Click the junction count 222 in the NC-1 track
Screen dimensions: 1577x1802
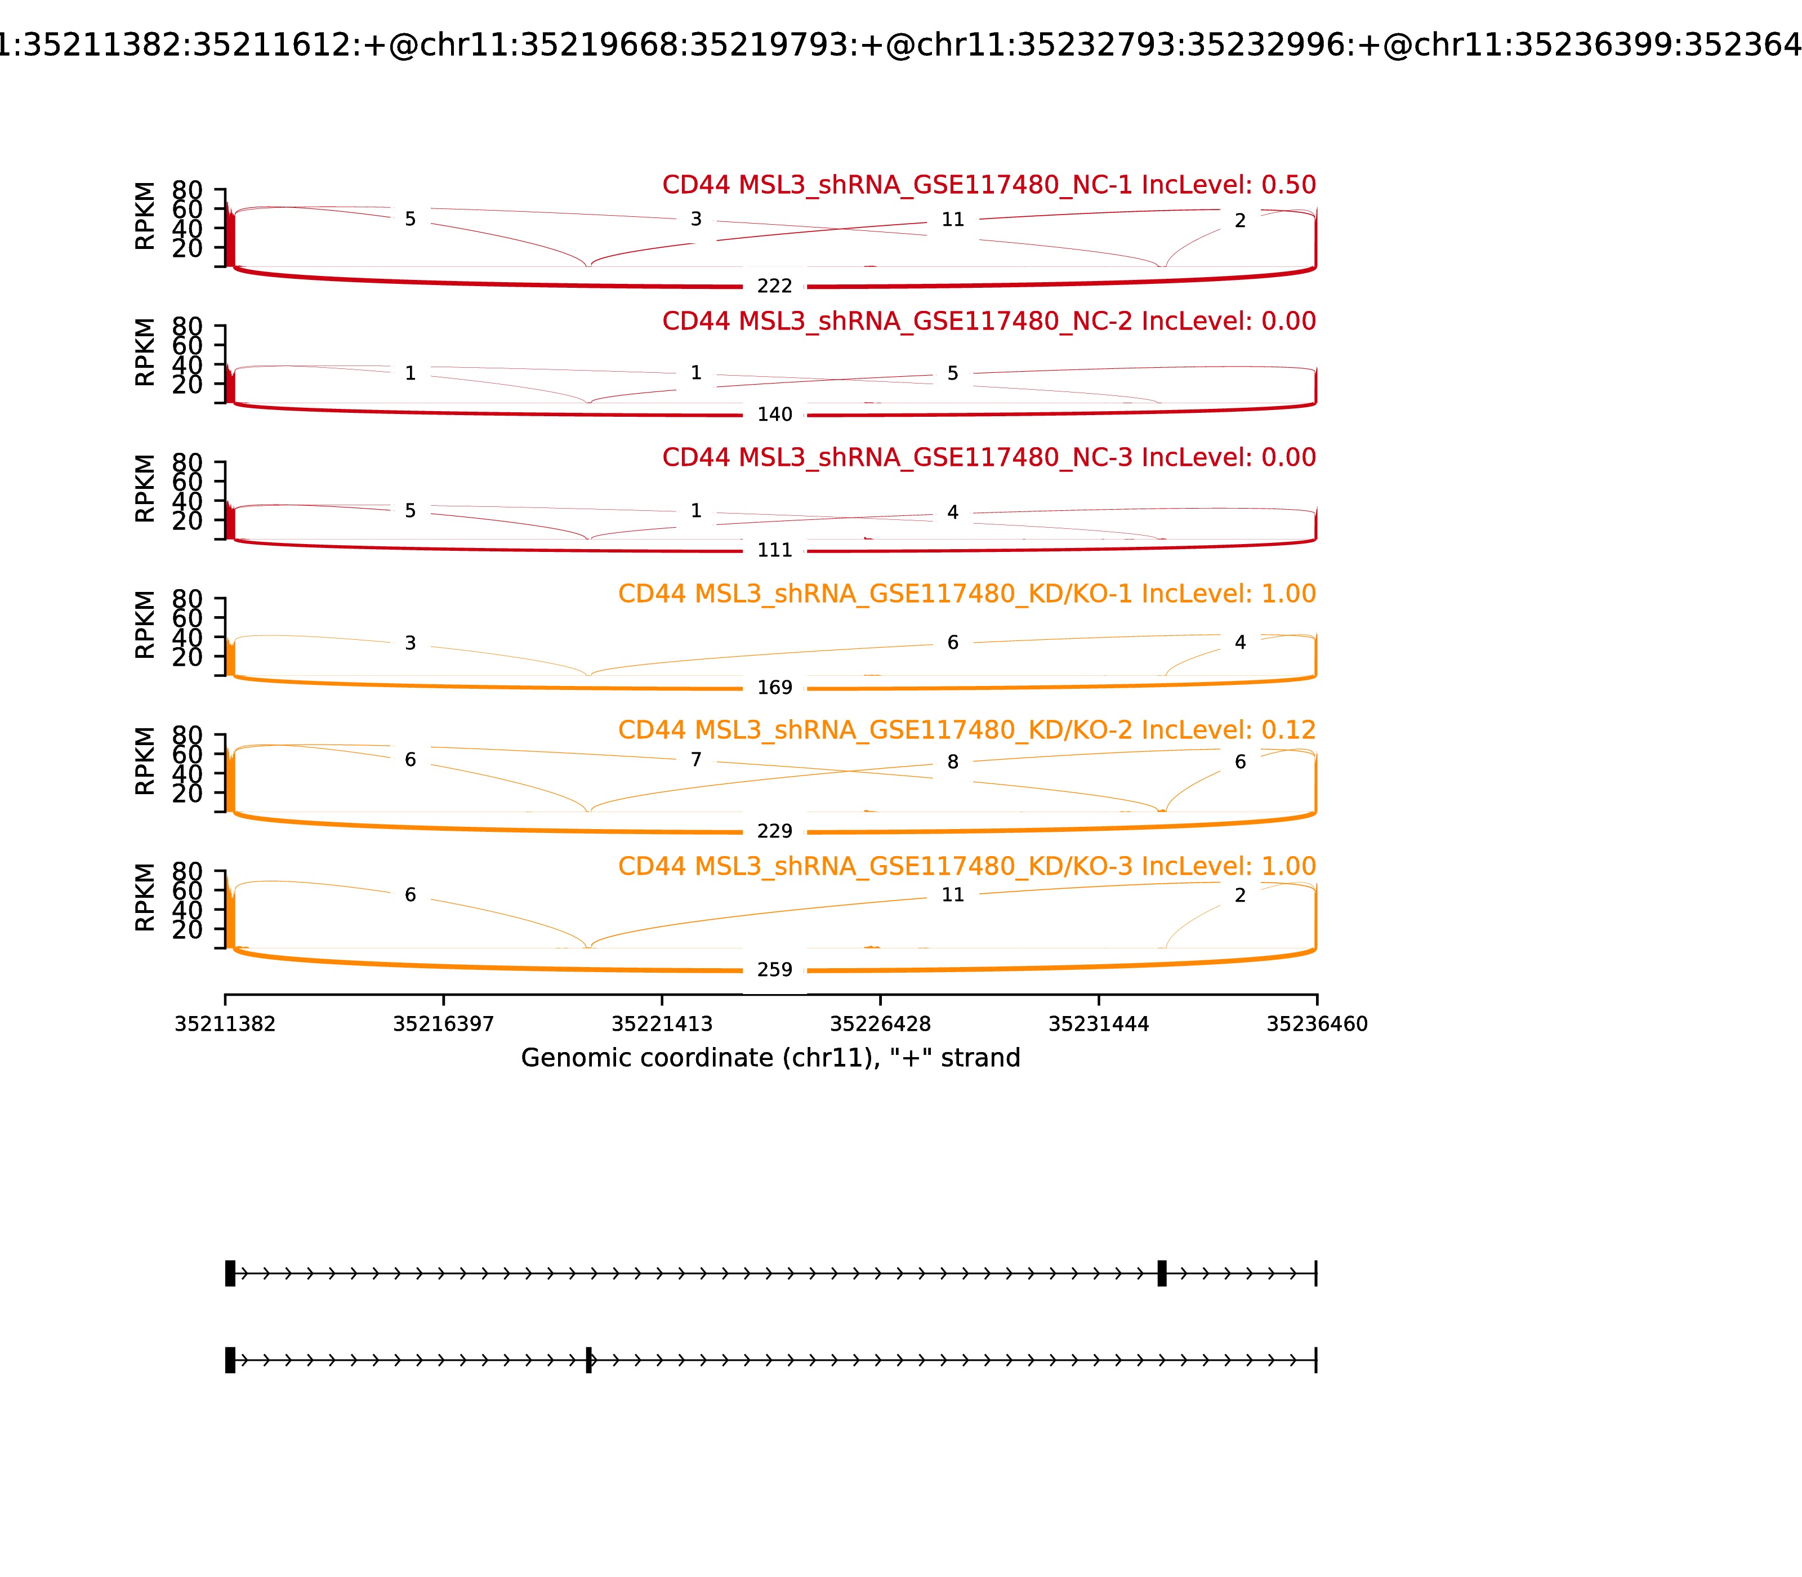774,286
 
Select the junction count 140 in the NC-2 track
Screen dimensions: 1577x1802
774,415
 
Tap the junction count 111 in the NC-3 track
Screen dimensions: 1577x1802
774,550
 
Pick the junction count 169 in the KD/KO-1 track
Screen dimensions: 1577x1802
774,687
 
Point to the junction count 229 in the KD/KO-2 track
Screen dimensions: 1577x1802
774,831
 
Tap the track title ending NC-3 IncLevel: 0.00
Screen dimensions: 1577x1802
988,457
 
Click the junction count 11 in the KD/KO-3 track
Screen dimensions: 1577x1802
953,895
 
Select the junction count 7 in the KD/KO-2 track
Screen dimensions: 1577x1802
696,759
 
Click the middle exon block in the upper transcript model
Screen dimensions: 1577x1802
1161,1273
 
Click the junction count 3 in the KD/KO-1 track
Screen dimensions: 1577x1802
410,643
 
